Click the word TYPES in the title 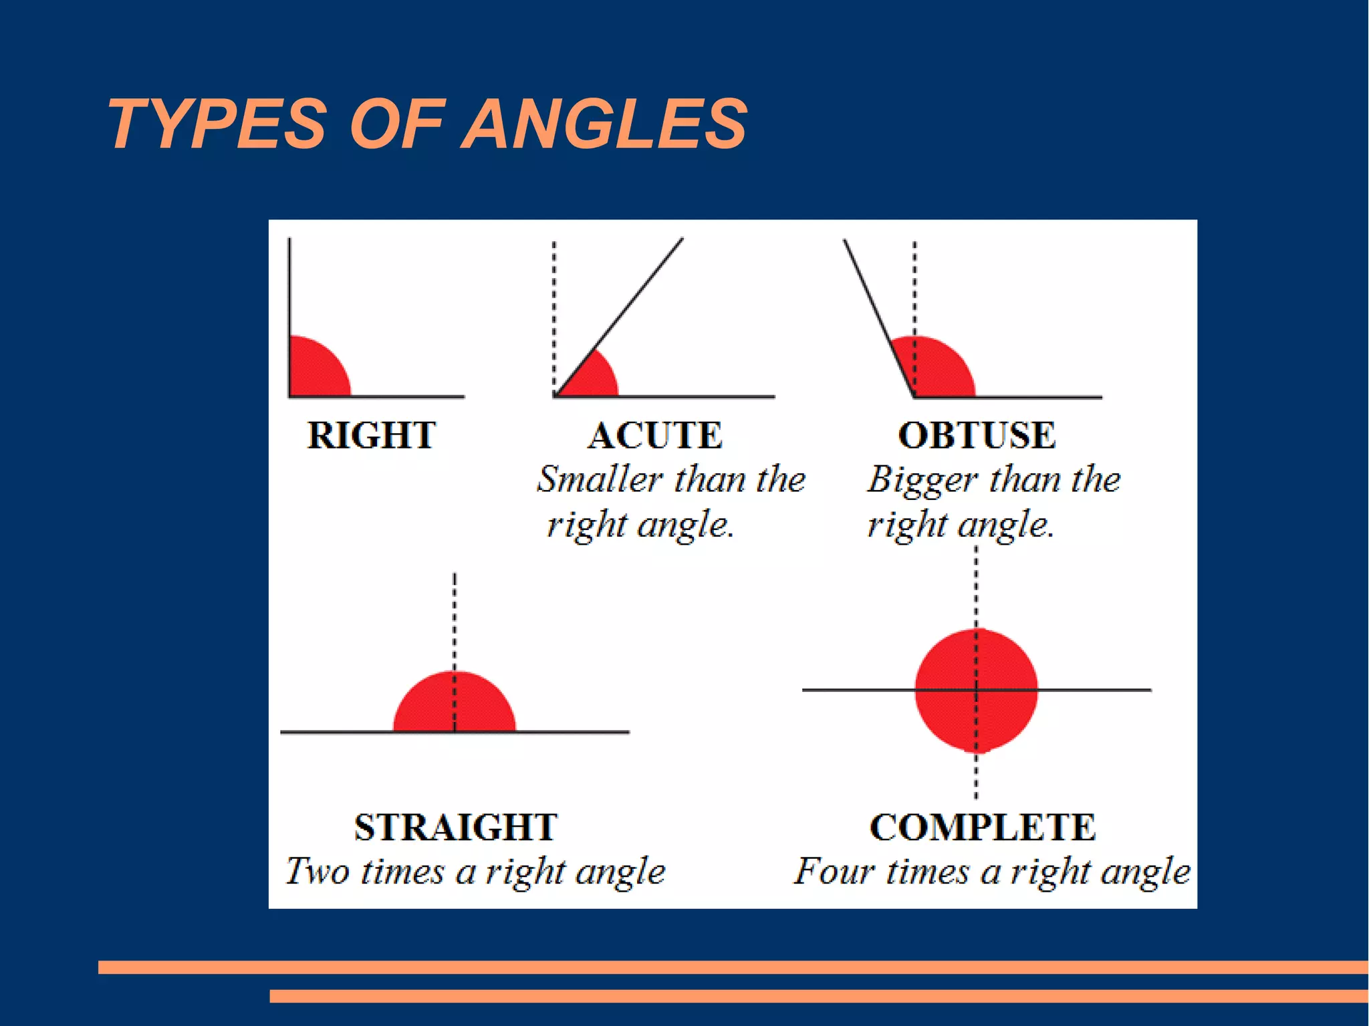pos(217,124)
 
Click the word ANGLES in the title pos(604,124)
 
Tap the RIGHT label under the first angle pos(371,435)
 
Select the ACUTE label pos(655,435)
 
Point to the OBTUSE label pos(977,435)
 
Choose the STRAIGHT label pos(455,827)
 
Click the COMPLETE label pos(983,827)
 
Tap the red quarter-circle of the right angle pos(314,371)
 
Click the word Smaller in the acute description pos(599,479)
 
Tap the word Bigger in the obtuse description pos(921,481)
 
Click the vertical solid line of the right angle pos(289,287)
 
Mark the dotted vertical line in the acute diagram pos(554,301)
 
